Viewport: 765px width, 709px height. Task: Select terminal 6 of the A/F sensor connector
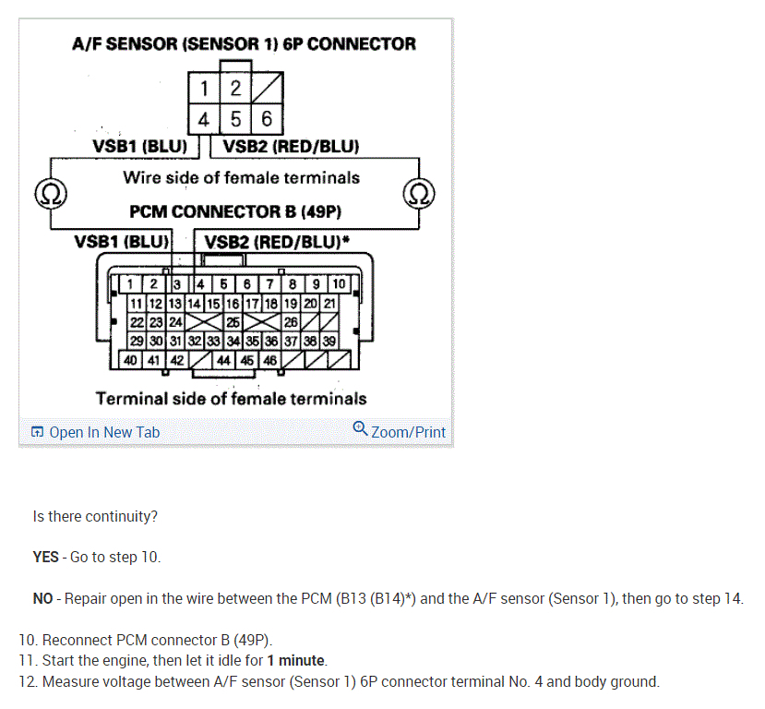click(x=267, y=119)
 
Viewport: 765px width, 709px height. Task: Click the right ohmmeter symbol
click(x=420, y=194)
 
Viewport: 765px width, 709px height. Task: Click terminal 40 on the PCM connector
click(x=132, y=359)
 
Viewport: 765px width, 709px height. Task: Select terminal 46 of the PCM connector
click(x=269, y=359)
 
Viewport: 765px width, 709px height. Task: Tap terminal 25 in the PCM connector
click(x=233, y=321)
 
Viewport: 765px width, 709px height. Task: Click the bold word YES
click(x=46, y=558)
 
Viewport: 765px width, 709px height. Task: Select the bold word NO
click(x=42, y=598)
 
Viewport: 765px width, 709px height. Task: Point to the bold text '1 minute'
click(x=297, y=660)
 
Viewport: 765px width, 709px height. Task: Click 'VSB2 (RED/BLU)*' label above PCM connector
click(x=276, y=242)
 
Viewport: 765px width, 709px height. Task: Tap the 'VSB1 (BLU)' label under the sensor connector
click(x=139, y=146)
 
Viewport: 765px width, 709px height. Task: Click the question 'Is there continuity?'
click(x=95, y=516)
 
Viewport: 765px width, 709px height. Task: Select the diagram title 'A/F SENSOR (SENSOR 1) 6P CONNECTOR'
click(x=244, y=43)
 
